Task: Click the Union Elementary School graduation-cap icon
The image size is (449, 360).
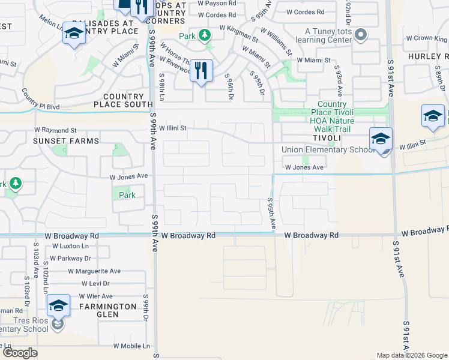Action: click(381, 139)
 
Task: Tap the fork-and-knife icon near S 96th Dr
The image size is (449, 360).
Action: click(201, 70)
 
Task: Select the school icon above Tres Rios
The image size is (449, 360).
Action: click(58, 305)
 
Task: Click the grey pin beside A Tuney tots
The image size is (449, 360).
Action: click(360, 35)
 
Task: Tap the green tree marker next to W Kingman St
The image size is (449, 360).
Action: click(205, 36)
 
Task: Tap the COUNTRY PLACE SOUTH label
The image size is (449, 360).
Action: click(123, 100)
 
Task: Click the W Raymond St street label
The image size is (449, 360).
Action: click(56, 130)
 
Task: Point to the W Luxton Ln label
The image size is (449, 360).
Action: click(70, 246)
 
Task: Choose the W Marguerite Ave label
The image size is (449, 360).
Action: click(90, 271)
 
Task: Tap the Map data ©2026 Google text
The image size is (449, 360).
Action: click(411, 355)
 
